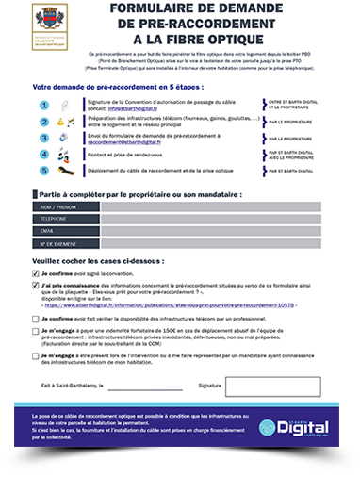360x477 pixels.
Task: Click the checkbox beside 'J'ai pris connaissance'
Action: [36, 285]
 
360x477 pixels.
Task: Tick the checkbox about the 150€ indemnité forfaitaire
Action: [36, 333]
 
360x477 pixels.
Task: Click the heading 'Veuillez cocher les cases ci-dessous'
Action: [98, 258]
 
